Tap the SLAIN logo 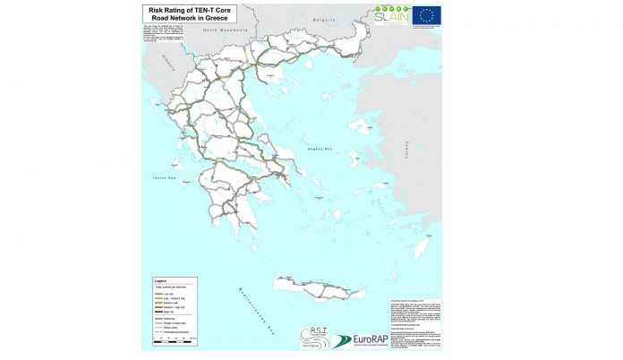click(x=393, y=14)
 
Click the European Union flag click(x=426, y=13)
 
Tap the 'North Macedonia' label click(x=223, y=30)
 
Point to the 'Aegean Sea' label click(x=319, y=149)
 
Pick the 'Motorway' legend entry click(x=168, y=319)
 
